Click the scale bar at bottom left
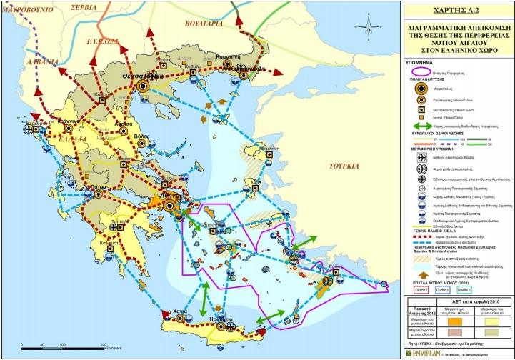tap(64, 346)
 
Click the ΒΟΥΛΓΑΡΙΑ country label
tap(204, 22)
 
